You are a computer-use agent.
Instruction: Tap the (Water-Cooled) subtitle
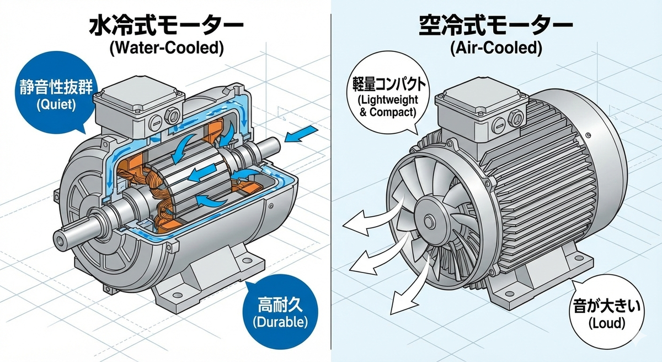pos(167,48)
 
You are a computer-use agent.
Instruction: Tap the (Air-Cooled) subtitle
pos(496,48)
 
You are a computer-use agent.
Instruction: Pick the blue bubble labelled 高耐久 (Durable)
pos(280,311)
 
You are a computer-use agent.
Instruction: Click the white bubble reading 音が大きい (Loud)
pos(606,315)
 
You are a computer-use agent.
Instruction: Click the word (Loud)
pos(607,323)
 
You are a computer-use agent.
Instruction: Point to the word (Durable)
pos(280,322)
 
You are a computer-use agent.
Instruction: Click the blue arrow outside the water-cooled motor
pos(301,134)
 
